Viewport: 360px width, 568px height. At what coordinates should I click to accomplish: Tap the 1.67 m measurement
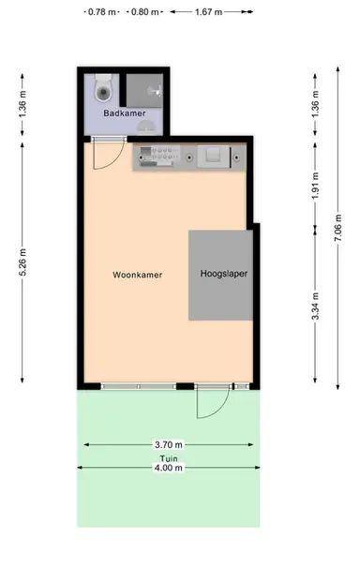[209, 13]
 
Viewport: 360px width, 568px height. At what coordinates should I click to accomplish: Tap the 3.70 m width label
[170, 444]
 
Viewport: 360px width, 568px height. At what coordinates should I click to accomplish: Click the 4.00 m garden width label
[170, 468]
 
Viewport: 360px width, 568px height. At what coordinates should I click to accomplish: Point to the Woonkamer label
[138, 276]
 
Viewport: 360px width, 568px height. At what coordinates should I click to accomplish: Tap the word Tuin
[170, 456]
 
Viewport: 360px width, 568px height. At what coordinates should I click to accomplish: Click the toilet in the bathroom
[104, 90]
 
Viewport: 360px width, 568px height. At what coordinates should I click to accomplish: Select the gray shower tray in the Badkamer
[145, 90]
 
